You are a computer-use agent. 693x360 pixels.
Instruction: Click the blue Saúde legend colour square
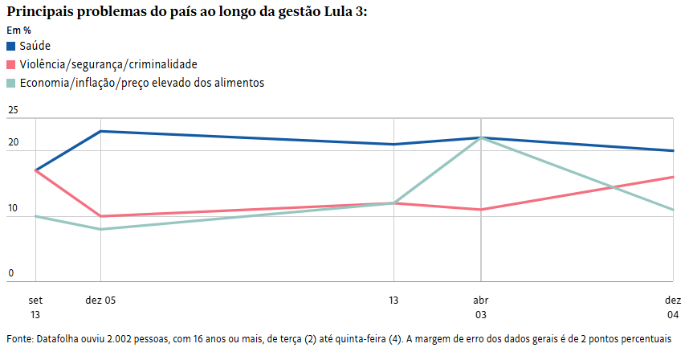click(11, 46)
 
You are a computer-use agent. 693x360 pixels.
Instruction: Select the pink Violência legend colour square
click(11, 64)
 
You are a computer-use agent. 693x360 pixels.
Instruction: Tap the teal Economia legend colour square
click(11, 83)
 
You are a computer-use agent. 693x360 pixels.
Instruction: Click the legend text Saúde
click(35, 46)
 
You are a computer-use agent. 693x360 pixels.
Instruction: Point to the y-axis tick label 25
click(12, 109)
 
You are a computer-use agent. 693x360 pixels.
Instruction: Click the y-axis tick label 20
click(12, 142)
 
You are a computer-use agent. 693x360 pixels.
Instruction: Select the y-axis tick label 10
click(12, 208)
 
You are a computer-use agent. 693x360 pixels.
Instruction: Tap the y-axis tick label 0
click(11, 273)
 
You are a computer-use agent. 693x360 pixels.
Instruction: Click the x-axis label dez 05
click(100, 299)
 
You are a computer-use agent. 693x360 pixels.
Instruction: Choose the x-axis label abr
click(480, 299)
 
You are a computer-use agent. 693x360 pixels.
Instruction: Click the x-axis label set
click(35, 299)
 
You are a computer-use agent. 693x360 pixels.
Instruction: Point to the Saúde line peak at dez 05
click(100, 131)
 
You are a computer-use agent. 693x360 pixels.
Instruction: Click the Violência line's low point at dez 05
click(100, 216)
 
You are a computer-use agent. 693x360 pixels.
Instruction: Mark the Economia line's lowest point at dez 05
click(100, 229)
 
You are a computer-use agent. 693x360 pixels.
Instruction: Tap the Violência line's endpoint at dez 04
click(672, 177)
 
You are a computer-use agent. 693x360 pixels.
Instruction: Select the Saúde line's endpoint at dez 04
click(672, 150)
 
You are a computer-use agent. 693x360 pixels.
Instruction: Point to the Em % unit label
click(18, 31)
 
